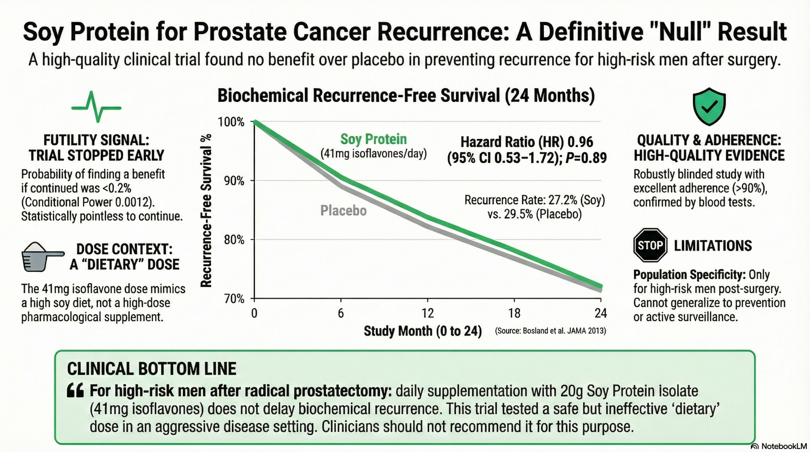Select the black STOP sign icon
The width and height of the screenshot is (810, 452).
[650, 245]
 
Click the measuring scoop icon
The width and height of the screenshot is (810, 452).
[42, 257]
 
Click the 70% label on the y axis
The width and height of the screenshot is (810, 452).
[234, 298]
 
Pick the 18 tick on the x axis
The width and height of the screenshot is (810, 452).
[514, 313]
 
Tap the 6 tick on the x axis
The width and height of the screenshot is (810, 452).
[341, 313]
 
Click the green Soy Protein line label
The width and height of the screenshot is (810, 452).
[373, 139]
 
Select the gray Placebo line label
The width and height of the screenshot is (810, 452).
[343, 210]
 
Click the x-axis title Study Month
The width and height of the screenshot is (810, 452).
[423, 331]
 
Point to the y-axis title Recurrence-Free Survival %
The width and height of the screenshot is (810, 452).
[206, 210]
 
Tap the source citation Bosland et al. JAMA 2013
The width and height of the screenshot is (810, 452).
[551, 331]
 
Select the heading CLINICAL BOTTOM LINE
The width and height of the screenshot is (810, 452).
[152, 369]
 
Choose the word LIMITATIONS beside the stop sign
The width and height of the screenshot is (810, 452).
[713, 246]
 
